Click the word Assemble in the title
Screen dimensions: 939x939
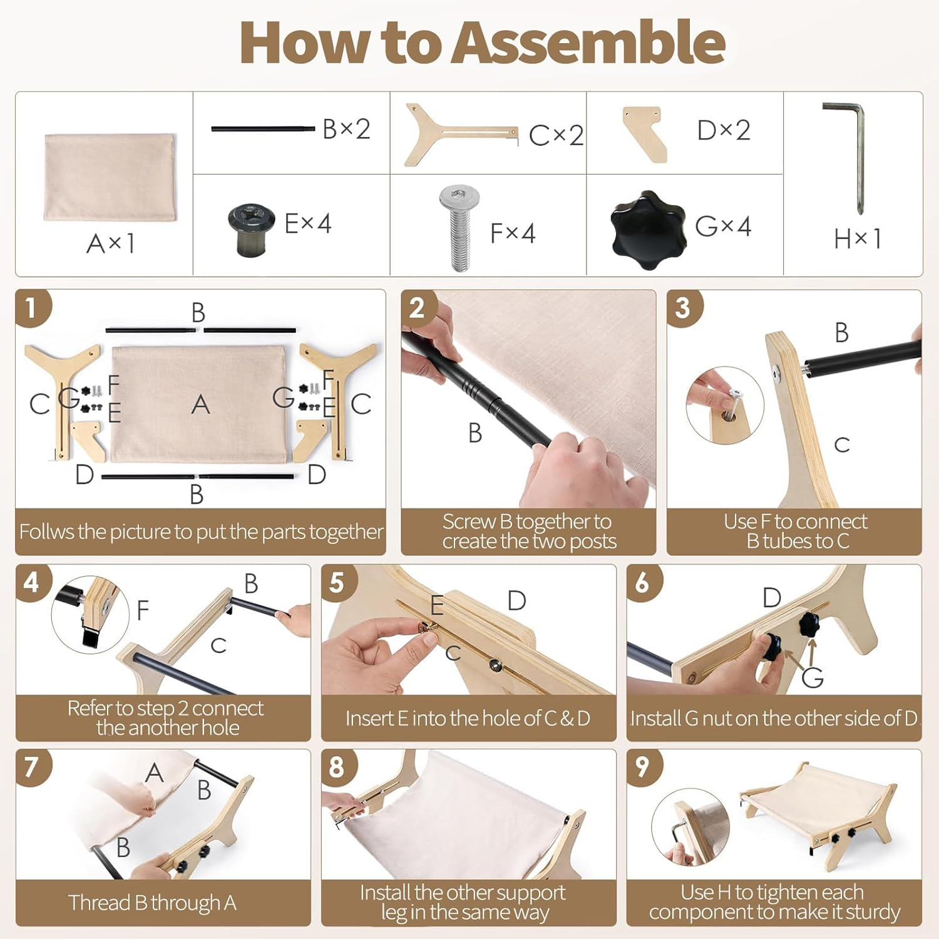589,43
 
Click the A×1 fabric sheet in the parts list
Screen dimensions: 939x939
110,177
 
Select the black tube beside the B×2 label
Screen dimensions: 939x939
263,129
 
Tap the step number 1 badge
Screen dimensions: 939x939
31,308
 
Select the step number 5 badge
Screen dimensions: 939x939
337,583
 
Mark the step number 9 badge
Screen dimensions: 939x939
643,767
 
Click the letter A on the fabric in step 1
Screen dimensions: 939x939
200,404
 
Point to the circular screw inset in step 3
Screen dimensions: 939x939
725,405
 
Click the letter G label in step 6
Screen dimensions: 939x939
813,677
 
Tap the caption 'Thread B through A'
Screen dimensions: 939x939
152,903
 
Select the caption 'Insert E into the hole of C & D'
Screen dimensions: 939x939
468,718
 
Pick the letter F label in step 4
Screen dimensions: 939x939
143,610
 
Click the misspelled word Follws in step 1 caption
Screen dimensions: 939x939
46,531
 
